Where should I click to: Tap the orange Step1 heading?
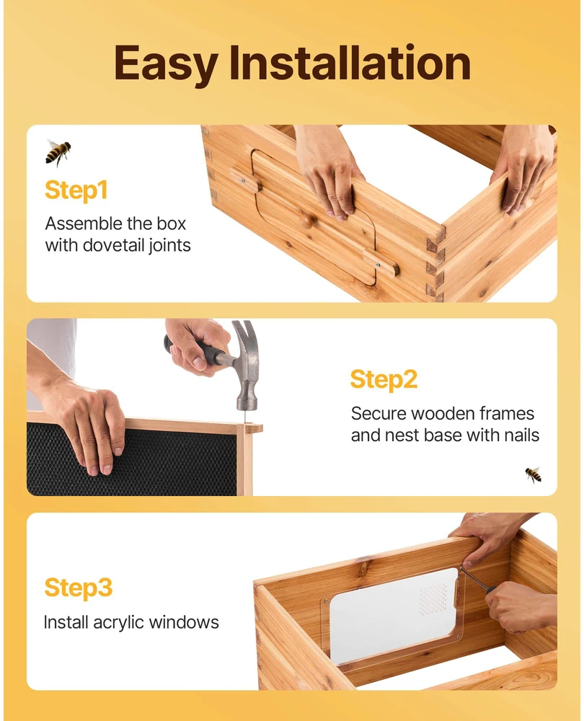76,190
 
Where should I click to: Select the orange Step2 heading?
384,380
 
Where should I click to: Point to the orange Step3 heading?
78,588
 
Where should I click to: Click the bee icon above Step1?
58,152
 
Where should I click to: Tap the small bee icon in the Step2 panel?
534,475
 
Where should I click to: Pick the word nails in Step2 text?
521,435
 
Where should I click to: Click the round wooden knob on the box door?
308,221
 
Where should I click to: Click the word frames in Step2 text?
506,413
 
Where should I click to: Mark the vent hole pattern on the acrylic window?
433,598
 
